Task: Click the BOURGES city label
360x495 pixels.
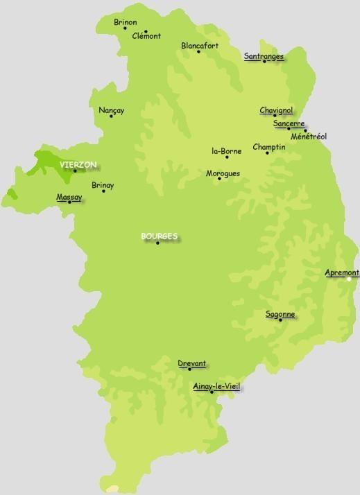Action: click(159, 236)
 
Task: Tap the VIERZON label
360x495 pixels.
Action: click(78, 165)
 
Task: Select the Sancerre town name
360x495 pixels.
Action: click(289, 123)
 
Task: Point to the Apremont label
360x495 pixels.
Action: click(342, 272)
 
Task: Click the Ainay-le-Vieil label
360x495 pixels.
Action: click(217, 387)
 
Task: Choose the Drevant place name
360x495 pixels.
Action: click(191, 363)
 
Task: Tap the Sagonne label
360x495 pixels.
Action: click(280, 314)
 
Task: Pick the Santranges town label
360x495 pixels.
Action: click(264, 56)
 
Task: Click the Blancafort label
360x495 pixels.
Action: click(200, 46)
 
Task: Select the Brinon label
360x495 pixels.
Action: click(126, 22)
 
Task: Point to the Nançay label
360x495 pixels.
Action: click(112, 110)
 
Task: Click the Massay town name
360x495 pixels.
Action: click(69, 197)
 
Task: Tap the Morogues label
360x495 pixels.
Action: click(223, 173)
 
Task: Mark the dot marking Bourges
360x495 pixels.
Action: click(158, 243)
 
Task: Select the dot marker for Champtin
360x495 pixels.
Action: click(267, 153)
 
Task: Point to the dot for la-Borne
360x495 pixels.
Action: click(227, 157)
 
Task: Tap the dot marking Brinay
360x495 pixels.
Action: click(104, 191)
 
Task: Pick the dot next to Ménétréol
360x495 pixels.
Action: click(305, 130)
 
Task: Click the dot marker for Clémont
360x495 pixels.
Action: click(146, 31)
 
